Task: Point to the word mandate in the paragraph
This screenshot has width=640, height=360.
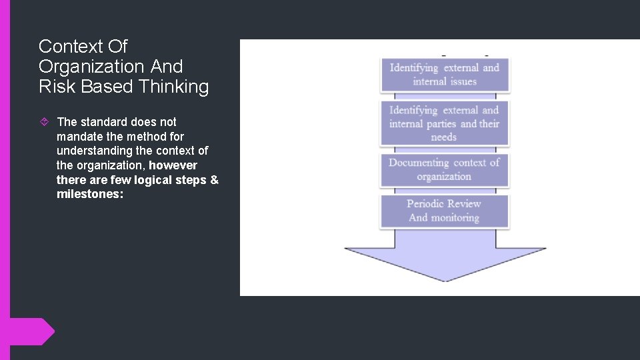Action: pos(79,137)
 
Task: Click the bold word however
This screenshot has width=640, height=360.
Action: pos(173,165)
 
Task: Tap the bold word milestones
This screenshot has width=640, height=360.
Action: pos(90,195)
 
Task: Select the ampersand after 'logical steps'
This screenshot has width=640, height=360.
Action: pos(214,180)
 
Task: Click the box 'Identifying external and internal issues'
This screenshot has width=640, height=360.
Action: pos(445,75)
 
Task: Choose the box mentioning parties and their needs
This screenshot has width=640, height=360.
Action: pos(445,123)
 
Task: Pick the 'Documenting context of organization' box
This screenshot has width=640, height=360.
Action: pos(445,169)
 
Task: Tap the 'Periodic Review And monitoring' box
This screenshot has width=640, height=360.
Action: pos(445,211)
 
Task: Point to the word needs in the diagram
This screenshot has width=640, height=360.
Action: pos(444,137)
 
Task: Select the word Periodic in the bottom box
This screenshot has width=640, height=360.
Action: pos(425,204)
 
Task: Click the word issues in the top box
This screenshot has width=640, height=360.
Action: pos(463,81)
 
